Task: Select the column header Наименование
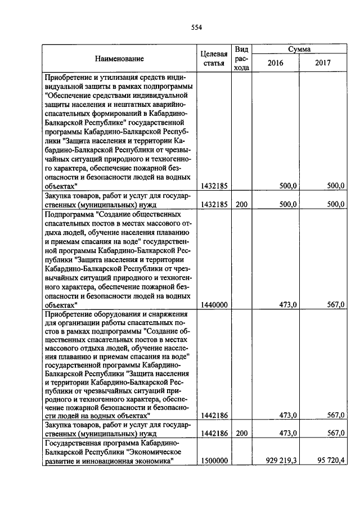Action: coord(119,58)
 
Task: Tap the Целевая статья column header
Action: coord(214,58)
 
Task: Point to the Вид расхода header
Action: coord(241,58)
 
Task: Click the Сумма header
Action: coord(300,49)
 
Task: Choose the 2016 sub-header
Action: coord(275,63)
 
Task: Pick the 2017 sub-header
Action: coord(323,63)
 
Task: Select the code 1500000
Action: coord(214,461)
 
